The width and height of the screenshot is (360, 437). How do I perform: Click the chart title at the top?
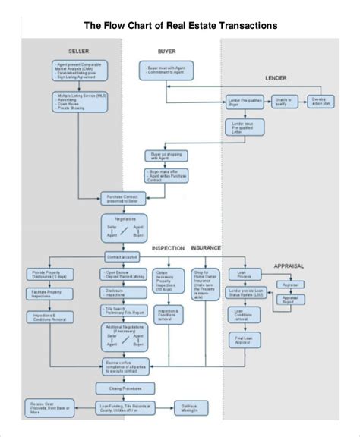click(180, 25)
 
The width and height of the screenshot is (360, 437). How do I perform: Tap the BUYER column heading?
click(166, 51)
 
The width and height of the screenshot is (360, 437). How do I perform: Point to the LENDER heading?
click(276, 78)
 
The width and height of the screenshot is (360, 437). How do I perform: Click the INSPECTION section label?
click(168, 248)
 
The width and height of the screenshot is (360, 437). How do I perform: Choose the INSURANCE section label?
click(206, 248)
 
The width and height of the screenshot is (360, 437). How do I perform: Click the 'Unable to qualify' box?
click(283, 101)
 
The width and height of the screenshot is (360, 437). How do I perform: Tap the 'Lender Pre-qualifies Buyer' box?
click(244, 101)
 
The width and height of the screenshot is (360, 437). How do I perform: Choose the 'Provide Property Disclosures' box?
click(49, 275)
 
